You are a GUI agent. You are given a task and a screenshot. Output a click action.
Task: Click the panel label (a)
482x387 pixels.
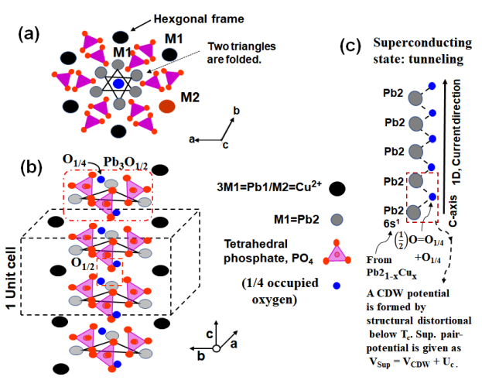[x=29, y=34]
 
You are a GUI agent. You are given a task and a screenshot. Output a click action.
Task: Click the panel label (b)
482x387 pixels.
[x=31, y=168]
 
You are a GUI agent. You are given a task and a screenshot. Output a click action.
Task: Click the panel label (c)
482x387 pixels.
[x=350, y=46]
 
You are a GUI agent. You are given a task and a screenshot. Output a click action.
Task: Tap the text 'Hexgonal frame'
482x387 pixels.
[x=199, y=19]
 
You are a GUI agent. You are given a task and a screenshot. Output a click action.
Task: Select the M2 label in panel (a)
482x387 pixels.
[x=190, y=98]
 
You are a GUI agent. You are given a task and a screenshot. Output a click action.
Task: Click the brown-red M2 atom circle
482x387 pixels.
[x=167, y=107]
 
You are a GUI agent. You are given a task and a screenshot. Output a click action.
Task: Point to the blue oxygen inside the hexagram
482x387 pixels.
[x=118, y=84]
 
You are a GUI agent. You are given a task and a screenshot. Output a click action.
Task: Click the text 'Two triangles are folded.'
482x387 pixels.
[x=241, y=53]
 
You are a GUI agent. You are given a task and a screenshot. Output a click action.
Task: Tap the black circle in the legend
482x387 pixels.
[x=337, y=189]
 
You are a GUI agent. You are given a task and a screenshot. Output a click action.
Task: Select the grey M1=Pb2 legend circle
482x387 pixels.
[x=337, y=220]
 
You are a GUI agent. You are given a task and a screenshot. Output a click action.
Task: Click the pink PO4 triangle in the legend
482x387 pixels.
[x=337, y=254]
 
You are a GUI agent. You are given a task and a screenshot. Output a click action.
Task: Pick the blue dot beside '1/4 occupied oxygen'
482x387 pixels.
[x=337, y=286]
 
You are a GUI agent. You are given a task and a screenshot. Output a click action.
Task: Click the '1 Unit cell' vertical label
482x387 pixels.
[x=11, y=278]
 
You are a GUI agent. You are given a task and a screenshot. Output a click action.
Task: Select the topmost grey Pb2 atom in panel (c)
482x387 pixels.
[x=415, y=98]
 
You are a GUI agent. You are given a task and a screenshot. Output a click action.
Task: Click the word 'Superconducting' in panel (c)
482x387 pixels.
[x=422, y=43]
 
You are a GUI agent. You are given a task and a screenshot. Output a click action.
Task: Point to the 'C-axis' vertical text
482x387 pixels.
[x=453, y=211]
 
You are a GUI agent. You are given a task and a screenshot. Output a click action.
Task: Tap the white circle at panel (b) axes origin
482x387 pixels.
[x=217, y=348]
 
